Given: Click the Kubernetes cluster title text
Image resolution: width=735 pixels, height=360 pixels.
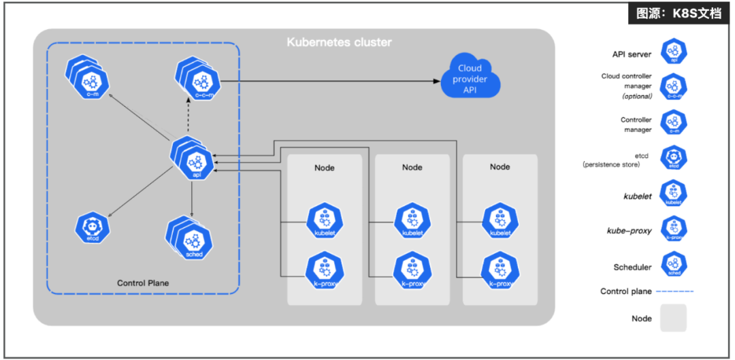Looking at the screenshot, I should coord(339,42).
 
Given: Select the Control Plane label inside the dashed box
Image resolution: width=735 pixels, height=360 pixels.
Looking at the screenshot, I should coord(143,283).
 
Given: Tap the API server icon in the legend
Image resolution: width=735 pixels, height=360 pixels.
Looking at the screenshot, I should coord(674,51).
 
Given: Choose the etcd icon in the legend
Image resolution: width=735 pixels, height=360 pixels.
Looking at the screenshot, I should coord(674,159).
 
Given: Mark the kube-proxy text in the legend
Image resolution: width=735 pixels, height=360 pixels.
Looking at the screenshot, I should coord(629,231).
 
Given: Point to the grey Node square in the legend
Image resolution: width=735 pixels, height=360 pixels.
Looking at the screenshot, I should coord(673,318).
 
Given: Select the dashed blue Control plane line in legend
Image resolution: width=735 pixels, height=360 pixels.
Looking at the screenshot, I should coord(674,291).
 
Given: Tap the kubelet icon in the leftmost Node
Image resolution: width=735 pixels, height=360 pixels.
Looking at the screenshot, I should coord(325,220).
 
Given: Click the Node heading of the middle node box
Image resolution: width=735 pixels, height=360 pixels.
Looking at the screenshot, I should coord(412,167).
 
